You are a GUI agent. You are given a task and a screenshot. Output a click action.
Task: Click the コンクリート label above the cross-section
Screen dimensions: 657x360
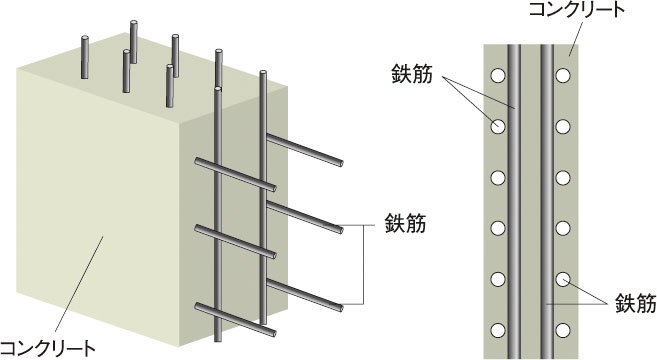click(577, 9)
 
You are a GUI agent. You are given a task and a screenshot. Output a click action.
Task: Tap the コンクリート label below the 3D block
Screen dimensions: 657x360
click(47, 348)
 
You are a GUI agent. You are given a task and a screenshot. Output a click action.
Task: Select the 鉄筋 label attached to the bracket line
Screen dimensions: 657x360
click(405, 223)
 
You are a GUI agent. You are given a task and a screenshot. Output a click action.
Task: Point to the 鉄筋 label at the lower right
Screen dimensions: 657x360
click(636, 303)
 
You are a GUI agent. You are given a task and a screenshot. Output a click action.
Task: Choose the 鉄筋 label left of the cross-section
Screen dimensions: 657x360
click(412, 74)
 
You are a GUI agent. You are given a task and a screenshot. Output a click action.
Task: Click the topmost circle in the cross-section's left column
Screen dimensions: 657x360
click(498, 76)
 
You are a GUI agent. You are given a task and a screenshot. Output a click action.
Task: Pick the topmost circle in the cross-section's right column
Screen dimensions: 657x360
click(563, 76)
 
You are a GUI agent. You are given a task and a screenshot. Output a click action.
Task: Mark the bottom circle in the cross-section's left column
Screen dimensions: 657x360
click(498, 331)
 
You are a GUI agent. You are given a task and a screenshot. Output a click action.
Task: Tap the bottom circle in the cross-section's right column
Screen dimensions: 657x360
click(563, 331)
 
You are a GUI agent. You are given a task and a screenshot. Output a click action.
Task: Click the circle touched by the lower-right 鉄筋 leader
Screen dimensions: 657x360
click(563, 279)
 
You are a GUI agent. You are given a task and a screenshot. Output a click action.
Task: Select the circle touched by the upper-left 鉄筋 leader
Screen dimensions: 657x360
click(498, 127)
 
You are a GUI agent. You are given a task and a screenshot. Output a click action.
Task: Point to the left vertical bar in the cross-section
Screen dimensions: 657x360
click(514, 202)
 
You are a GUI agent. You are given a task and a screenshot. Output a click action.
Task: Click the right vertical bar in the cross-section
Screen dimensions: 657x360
click(547, 202)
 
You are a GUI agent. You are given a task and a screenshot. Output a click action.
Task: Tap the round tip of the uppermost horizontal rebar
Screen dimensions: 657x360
click(340, 163)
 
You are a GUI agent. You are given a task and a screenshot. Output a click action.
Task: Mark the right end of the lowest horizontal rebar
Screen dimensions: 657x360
click(273, 333)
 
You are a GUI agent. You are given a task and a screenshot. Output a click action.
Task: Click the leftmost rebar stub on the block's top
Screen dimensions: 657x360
click(85, 57)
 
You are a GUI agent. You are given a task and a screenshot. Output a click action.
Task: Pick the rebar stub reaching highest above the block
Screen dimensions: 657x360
click(134, 42)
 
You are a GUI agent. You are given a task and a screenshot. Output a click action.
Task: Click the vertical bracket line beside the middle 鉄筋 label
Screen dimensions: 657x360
click(363, 264)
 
